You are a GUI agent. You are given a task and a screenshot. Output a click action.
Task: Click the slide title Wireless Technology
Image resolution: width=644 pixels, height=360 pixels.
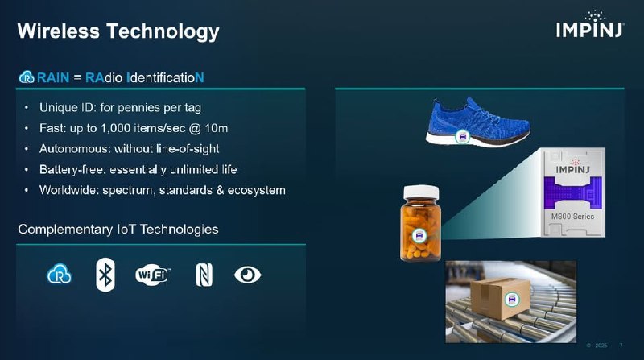[118, 31]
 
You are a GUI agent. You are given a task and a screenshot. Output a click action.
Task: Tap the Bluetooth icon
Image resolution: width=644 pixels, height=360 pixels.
[104, 274]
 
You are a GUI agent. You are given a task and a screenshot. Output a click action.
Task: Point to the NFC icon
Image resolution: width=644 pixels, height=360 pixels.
[203, 275]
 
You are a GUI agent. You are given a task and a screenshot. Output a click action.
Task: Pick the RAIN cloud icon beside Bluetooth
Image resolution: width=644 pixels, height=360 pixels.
[60, 275]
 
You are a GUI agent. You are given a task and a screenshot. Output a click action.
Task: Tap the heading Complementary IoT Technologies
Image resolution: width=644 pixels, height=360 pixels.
[118, 230]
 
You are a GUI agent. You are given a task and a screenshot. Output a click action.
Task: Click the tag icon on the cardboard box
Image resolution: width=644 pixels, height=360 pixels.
[510, 300]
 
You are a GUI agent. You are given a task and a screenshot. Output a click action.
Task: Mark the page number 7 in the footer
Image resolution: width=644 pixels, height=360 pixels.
[621, 346]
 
